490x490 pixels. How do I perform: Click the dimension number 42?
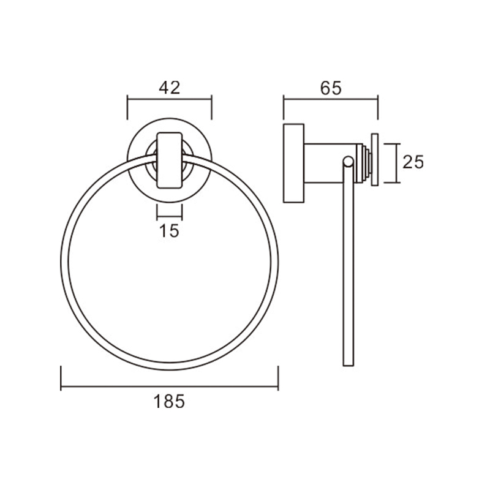tap(170, 88)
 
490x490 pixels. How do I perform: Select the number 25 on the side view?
tap(413, 162)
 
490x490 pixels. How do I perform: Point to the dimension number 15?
tap(170, 231)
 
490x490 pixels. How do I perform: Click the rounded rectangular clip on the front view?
tap(170, 160)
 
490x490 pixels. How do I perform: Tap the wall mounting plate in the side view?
tap(294, 163)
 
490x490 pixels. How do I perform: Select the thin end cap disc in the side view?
tap(375, 160)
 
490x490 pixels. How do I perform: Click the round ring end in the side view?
tap(348, 162)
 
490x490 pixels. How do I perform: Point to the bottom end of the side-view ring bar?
tap(349, 365)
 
